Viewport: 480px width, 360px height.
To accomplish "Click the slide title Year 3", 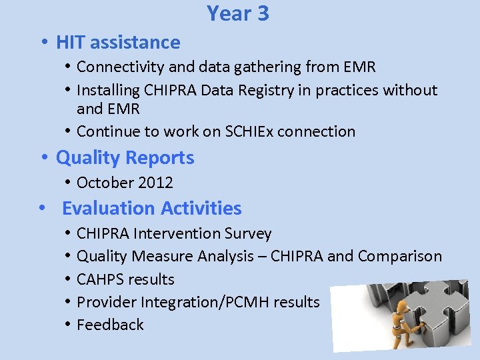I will (238, 13).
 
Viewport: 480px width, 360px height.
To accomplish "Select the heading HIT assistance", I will (118, 43).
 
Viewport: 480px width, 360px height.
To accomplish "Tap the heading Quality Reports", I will (125, 158).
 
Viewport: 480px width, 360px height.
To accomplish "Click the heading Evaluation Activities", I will (151, 208).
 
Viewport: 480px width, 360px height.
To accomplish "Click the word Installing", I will (103, 90).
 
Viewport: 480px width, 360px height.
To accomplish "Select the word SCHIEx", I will (248, 131).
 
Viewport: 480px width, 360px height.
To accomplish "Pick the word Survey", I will (248, 234).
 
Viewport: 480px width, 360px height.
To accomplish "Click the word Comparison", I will (399, 257).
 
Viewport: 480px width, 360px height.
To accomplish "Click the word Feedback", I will (110, 325).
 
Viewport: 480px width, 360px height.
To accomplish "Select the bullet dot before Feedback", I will (69, 325).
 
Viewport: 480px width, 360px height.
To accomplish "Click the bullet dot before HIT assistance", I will (43, 43).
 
